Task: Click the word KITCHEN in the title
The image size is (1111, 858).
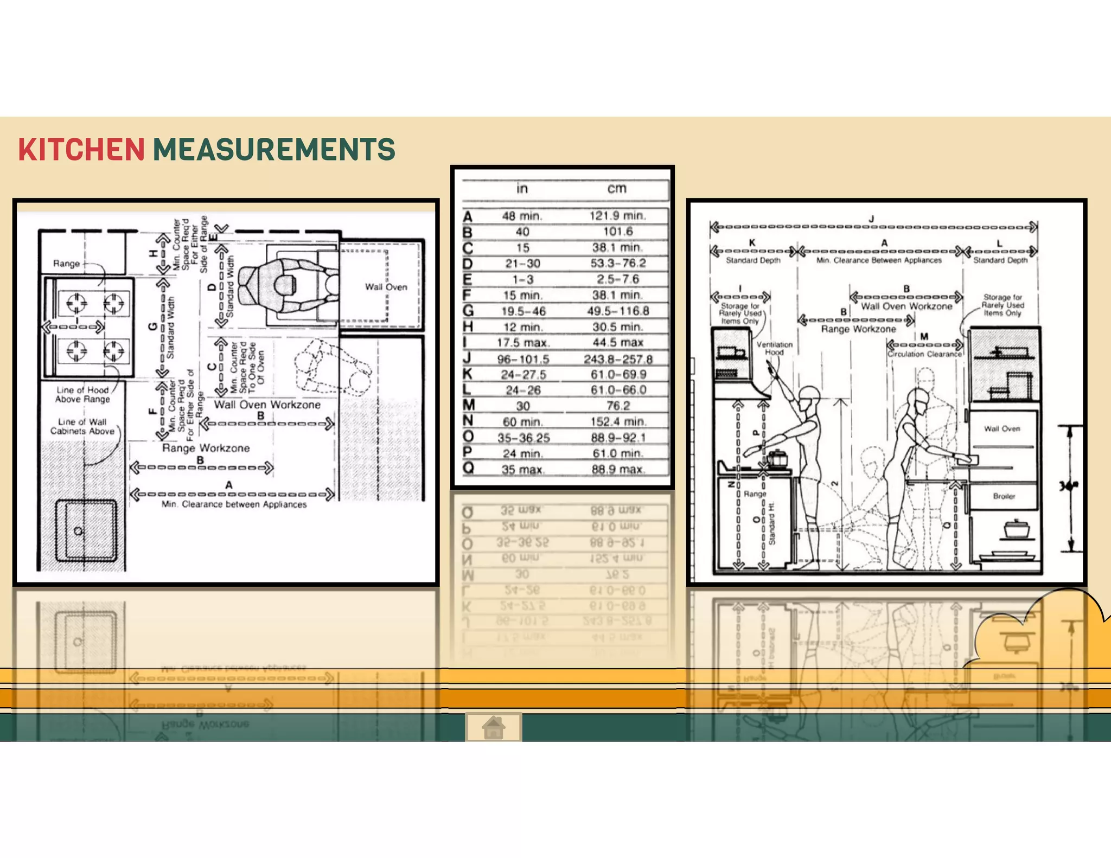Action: pos(81,150)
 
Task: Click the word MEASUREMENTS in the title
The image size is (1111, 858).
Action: pos(274,150)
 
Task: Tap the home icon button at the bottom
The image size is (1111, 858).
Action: pos(494,727)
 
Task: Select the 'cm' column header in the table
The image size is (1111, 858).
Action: pos(617,188)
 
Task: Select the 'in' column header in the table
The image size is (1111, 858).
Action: pos(522,188)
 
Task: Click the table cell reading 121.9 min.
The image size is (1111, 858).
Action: pos(617,216)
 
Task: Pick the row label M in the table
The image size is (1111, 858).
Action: pos(469,405)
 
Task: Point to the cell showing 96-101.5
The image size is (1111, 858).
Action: pos(523,359)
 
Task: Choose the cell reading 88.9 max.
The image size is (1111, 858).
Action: pos(617,469)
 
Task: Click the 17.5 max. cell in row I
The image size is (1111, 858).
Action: pos(523,343)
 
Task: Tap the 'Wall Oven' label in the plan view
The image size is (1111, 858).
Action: pos(386,287)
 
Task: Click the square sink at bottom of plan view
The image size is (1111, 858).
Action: pos(86,530)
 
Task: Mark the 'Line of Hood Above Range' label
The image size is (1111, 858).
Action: pos(82,394)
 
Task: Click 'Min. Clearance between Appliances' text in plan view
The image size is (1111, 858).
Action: pos(234,504)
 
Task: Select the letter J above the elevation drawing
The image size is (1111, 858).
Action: pos(871,219)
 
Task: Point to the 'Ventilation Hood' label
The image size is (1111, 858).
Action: pos(774,348)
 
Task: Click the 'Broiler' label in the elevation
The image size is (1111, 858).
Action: pos(1004,496)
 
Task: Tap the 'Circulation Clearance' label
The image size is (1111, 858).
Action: pos(924,354)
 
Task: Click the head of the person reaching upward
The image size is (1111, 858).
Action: pos(809,394)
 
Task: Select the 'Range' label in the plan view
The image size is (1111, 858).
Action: pos(66,264)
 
